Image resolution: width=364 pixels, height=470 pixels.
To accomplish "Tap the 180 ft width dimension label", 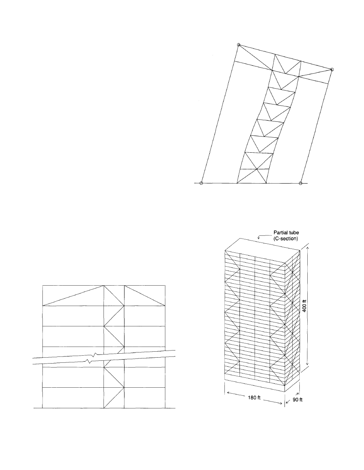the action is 254,398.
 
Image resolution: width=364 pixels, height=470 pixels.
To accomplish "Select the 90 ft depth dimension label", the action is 297,400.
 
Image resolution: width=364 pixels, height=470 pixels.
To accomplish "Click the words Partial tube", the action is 286,232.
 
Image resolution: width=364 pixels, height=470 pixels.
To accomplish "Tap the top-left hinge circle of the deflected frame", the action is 239,45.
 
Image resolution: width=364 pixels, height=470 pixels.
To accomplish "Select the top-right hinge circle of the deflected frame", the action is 332,70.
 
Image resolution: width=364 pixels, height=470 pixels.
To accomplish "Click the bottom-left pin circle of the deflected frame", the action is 201,183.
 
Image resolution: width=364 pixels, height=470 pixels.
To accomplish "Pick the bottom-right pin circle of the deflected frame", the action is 300,183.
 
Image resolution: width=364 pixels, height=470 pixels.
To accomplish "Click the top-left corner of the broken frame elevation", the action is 43,285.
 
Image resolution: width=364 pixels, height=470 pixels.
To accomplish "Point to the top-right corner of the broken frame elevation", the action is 165,285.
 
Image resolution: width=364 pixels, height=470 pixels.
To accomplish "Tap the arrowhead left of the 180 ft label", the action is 228,393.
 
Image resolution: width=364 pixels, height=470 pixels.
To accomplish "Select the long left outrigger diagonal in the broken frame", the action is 73,296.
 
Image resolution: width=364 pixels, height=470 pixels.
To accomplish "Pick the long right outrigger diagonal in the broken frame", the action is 145,296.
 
